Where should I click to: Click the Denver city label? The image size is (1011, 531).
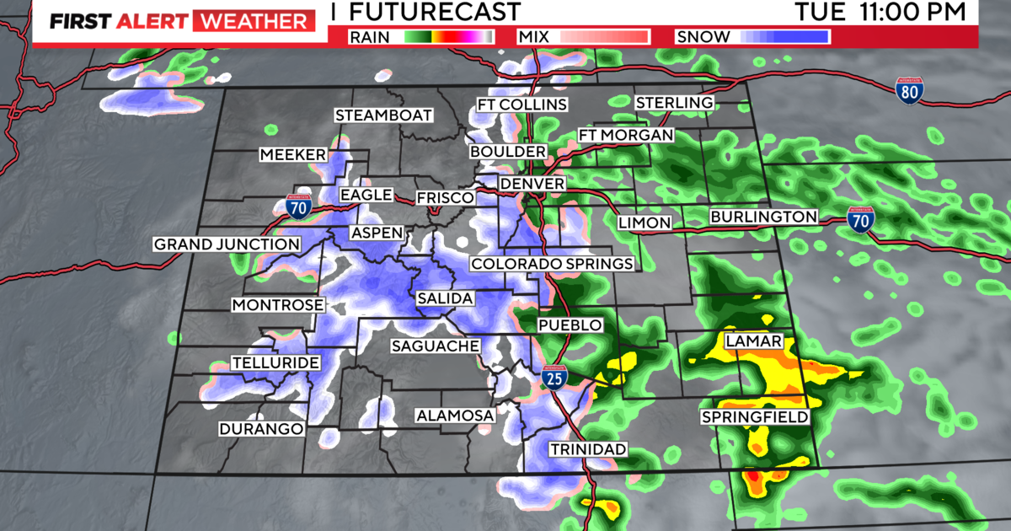[532, 184]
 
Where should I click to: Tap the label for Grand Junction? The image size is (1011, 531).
[226, 244]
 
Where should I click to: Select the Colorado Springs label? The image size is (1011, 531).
[552, 265]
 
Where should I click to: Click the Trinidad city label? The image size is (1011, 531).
[588, 449]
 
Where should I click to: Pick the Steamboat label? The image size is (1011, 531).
[383, 115]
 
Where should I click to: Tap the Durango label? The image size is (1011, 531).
[260, 429]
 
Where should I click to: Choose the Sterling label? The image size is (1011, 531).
[674, 102]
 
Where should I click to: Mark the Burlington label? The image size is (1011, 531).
[763, 217]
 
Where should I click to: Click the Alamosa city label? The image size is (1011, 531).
[454, 416]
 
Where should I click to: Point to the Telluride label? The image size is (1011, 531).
[275, 363]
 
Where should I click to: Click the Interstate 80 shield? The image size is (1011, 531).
[908, 90]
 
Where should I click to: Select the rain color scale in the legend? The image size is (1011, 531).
[447, 36]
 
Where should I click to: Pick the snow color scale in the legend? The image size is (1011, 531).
[785, 36]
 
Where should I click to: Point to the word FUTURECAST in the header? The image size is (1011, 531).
[434, 12]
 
